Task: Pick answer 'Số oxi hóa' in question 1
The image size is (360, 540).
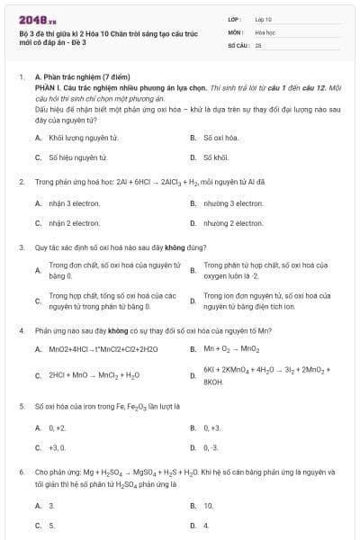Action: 220,138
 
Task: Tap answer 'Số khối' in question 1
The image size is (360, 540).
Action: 218,157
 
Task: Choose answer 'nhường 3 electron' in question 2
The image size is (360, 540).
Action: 233,203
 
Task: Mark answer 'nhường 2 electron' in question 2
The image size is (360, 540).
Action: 233,222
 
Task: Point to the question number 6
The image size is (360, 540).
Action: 21,472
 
